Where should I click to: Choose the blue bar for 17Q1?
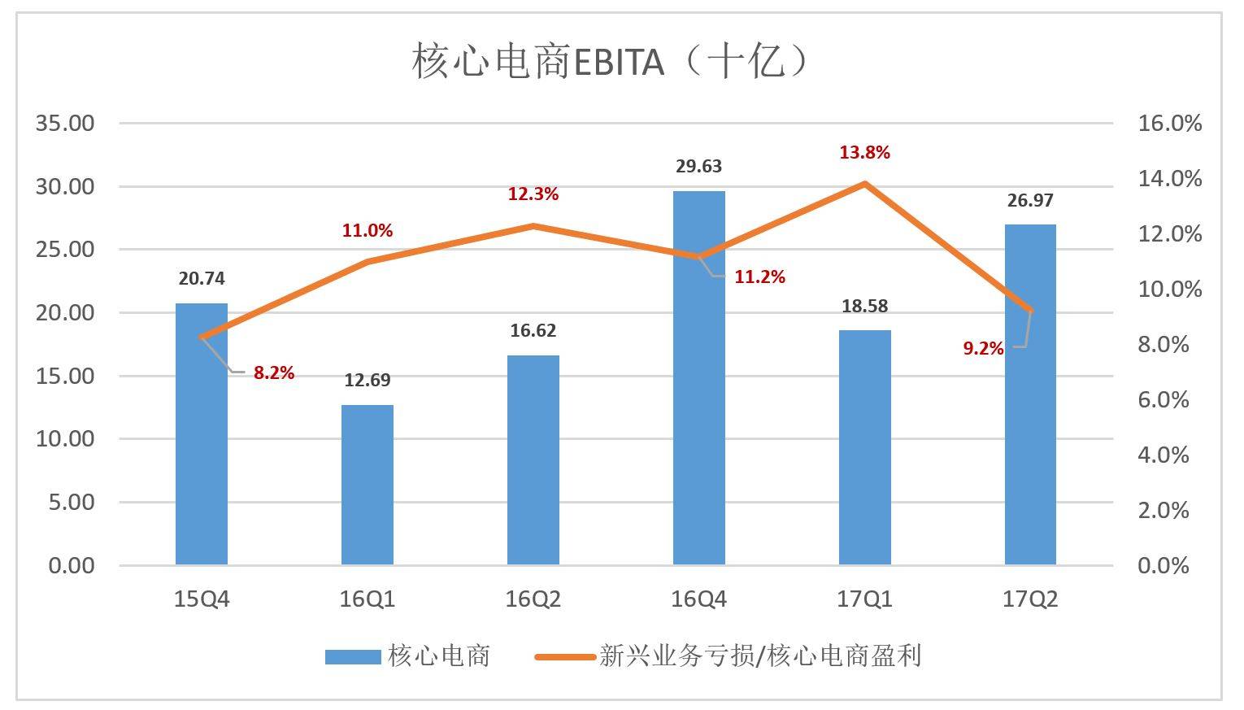pyautogui.click(x=865, y=447)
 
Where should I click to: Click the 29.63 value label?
pyautogui.click(x=699, y=167)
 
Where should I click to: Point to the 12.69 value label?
pyautogui.click(x=368, y=381)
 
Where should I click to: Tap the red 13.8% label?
pyautogui.click(x=865, y=153)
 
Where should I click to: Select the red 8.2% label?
pyautogui.click(x=274, y=373)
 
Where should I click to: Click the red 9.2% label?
pyautogui.click(x=983, y=349)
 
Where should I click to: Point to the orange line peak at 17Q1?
pyautogui.click(x=865, y=184)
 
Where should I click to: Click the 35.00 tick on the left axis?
pyautogui.click(x=64, y=124)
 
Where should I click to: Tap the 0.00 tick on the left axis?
pyautogui.click(x=71, y=565)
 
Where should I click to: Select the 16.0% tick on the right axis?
pyautogui.click(x=1169, y=124)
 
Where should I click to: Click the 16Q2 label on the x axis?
pyautogui.click(x=533, y=600)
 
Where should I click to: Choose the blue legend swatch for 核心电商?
pyautogui.click(x=352, y=656)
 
